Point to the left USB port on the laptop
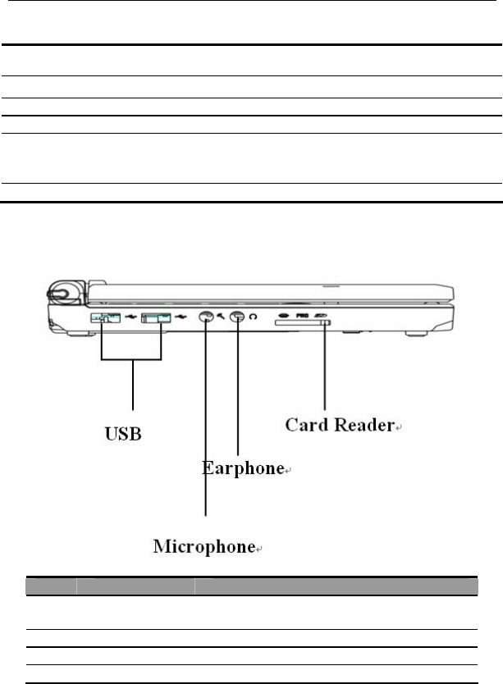[x=105, y=317]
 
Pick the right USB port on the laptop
[x=155, y=317]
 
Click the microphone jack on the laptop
[x=205, y=319]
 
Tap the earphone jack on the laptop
[x=237, y=319]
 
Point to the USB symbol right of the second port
[x=181, y=317]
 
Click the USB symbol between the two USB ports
[x=130, y=317]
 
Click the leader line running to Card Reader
[x=326, y=369]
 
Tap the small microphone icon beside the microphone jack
[x=221, y=318]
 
